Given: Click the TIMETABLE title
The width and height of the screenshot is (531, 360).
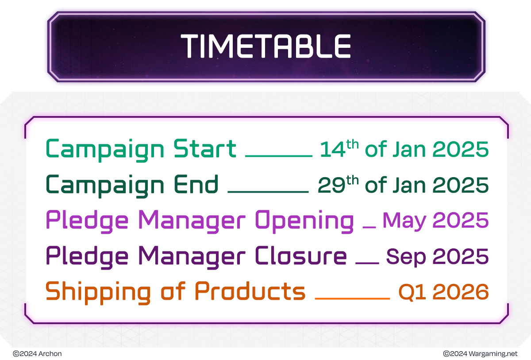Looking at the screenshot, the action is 265,46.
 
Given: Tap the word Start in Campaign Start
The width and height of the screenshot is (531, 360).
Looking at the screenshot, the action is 205,148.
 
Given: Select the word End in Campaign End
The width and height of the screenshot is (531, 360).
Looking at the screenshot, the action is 196,184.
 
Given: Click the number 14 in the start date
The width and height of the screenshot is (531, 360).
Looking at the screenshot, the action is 332,149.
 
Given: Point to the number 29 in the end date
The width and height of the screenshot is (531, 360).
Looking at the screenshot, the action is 331,185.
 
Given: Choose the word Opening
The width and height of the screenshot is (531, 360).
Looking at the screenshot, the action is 304,221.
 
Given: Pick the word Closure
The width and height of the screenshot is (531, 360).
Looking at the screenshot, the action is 301,255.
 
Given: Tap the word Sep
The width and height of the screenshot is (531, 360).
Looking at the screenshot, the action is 406,257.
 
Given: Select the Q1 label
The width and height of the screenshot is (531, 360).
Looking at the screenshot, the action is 412,292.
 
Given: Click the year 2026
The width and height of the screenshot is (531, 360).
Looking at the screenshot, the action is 461,292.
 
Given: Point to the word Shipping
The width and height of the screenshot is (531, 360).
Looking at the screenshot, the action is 98,293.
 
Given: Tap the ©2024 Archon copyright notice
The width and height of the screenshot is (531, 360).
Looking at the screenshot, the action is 37,354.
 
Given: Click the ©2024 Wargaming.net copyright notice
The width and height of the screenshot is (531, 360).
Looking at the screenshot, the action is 480,354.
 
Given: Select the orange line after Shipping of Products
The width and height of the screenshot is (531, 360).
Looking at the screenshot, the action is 352,298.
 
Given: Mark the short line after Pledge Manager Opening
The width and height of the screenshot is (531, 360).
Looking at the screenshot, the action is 369,227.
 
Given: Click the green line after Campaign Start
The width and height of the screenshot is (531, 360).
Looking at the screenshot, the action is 279,156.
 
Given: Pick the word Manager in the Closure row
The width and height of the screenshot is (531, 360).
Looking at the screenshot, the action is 192,258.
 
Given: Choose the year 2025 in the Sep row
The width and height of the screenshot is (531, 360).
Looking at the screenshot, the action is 461,256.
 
